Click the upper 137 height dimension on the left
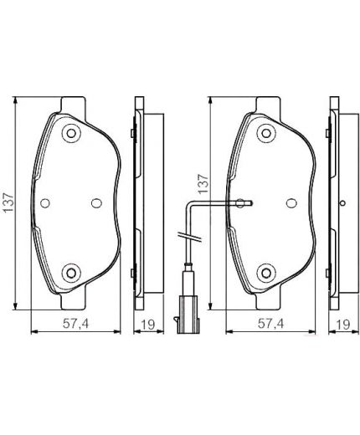[x=9, y=202]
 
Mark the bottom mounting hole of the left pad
[x=71, y=270]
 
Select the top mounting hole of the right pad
[x=266, y=131]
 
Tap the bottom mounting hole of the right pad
[x=266, y=270]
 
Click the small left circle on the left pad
[x=45, y=202]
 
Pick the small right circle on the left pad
[x=95, y=202]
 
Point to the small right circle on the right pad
[x=291, y=202]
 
